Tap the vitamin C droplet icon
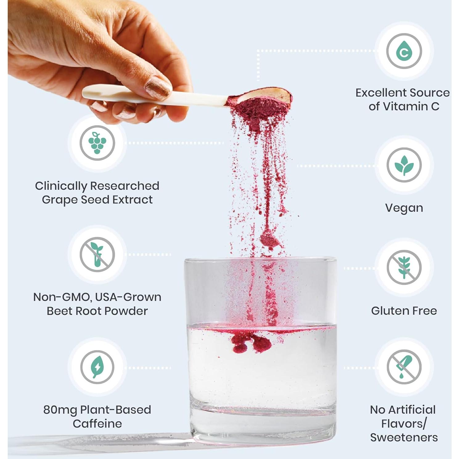point(404,51)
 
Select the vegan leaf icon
point(404,165)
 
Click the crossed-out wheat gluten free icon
point(404,268)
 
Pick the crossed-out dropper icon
point(404,367)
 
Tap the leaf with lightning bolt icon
point(97,367)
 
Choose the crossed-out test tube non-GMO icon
point(97,255)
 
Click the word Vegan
point(404,208)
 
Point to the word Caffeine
point(97,424)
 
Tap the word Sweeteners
point(404,437)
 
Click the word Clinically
point(61,186)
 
